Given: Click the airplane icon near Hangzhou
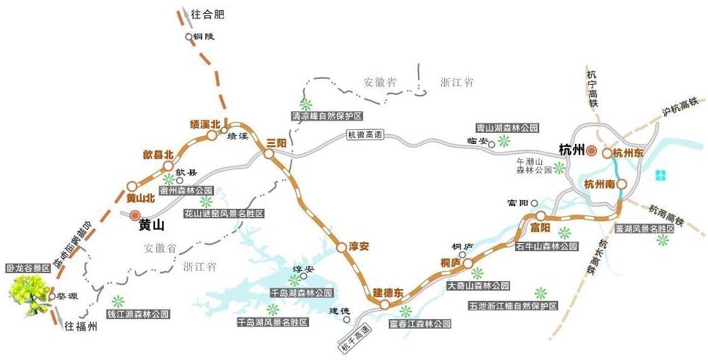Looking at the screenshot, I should click(661, 175).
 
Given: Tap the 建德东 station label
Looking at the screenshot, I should click(389, 293).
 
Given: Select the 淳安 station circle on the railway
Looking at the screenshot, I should click(340, 248).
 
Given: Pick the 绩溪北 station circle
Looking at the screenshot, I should click(212, 135).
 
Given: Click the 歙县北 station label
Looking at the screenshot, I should click(158, 155).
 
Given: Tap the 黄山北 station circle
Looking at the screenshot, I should click(132, 185).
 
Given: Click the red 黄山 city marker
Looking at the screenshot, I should click(134, 215).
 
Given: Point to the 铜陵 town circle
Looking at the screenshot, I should click(189, 37).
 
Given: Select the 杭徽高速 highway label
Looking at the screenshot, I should click(365, 135).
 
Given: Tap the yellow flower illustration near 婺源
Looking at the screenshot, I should click(29, 294).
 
